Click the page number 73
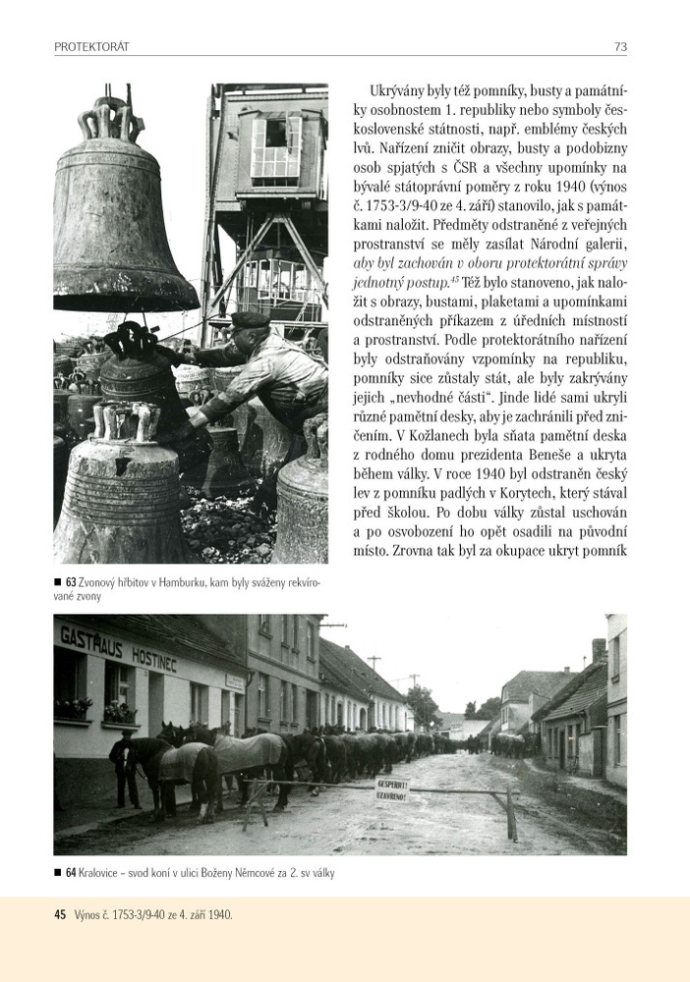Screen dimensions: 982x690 (620, 46)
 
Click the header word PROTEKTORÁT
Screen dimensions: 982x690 (92, 46)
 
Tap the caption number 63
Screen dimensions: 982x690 (71, 582)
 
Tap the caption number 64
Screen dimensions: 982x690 (71, 872)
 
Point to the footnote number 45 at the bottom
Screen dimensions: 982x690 (60, 914)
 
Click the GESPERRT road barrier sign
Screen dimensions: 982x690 (392, 787)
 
